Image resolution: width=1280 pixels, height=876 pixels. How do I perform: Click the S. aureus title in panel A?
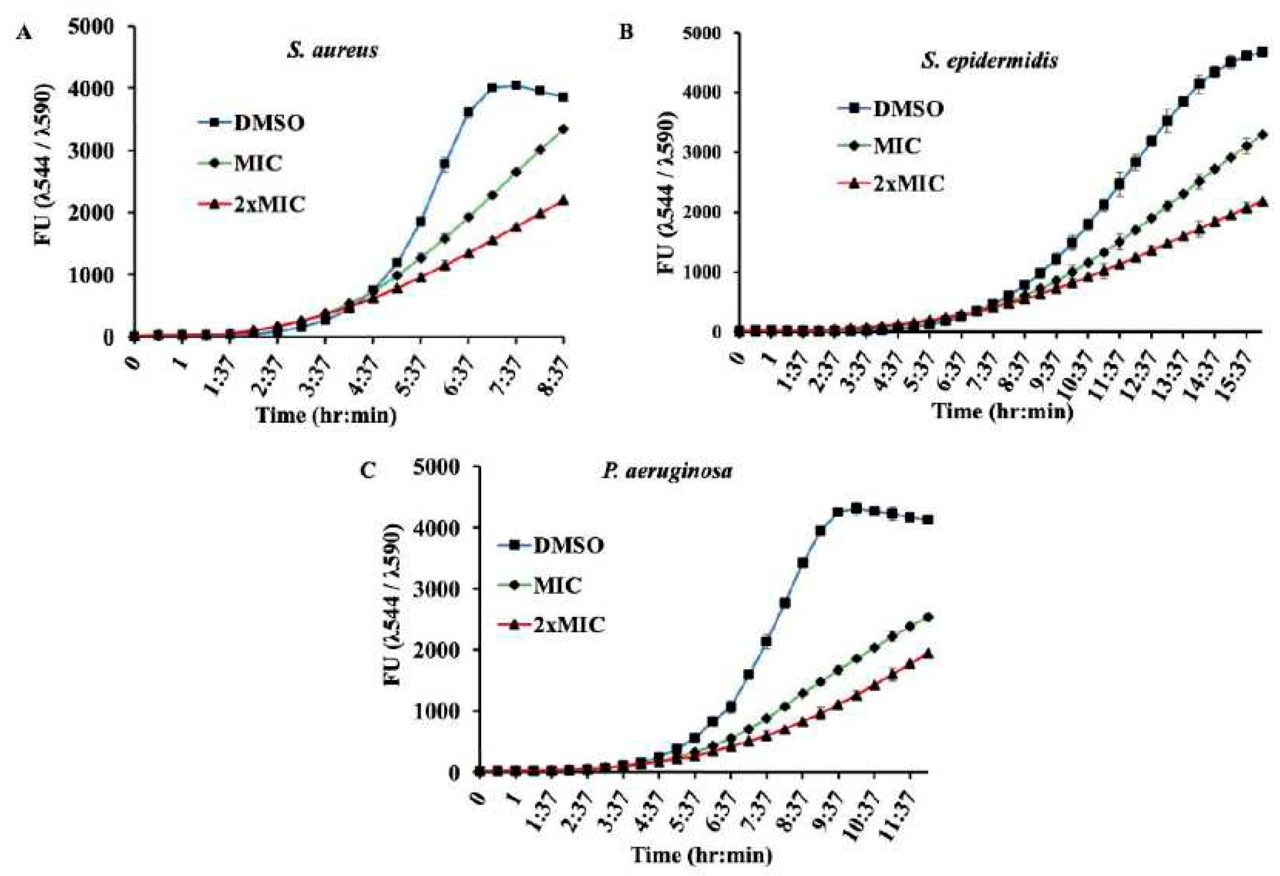click(x=332, y=51)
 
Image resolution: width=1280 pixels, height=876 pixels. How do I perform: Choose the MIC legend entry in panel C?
click(x=557, y=585)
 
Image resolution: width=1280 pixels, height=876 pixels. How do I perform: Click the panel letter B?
click(x=626, y=33)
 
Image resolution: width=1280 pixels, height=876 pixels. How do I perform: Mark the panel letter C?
click(x=368, y=471)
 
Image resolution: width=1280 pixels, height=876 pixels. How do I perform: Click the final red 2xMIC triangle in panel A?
click(x=563, y=200)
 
